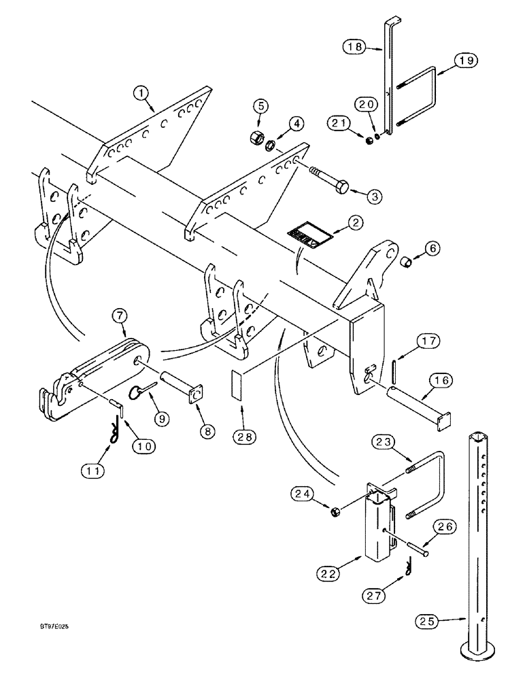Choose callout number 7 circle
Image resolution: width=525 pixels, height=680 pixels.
pos(120,316)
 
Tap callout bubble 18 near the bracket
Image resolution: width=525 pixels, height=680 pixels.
pos(354,46)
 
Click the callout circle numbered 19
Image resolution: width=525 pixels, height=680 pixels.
pos(464,61)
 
